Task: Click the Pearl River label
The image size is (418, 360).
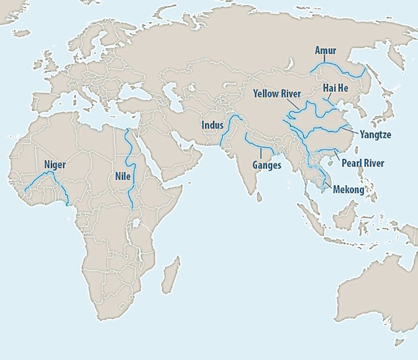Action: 363,163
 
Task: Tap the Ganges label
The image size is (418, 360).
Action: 267,165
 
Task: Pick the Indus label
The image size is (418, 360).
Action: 212,125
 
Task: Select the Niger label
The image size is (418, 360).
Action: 56,166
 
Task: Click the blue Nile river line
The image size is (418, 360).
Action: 130,154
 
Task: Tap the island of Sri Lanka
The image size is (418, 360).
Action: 259,197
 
